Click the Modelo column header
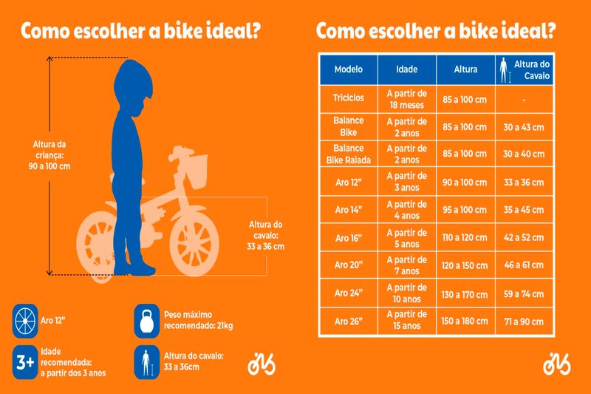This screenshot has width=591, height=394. [x=348, y=70]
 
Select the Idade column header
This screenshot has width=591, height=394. [x=406, y=70]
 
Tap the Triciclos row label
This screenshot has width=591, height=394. [x=348, y=98]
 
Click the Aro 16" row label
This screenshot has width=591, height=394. [x=348, y=238]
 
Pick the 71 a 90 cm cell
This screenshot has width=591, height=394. [x=523, y=322]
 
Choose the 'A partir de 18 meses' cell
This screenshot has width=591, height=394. [x=406, y=98]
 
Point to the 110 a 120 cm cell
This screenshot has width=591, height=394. [x=464, y=238]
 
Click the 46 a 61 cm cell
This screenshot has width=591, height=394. [x=523, y=266]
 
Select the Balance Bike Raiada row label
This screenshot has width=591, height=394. [x=348, y=154]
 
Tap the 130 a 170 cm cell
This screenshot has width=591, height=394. [x=464, y=293]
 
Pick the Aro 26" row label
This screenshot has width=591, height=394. [x=348, y=322]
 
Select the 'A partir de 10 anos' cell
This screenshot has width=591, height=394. [x=406, y=293]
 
